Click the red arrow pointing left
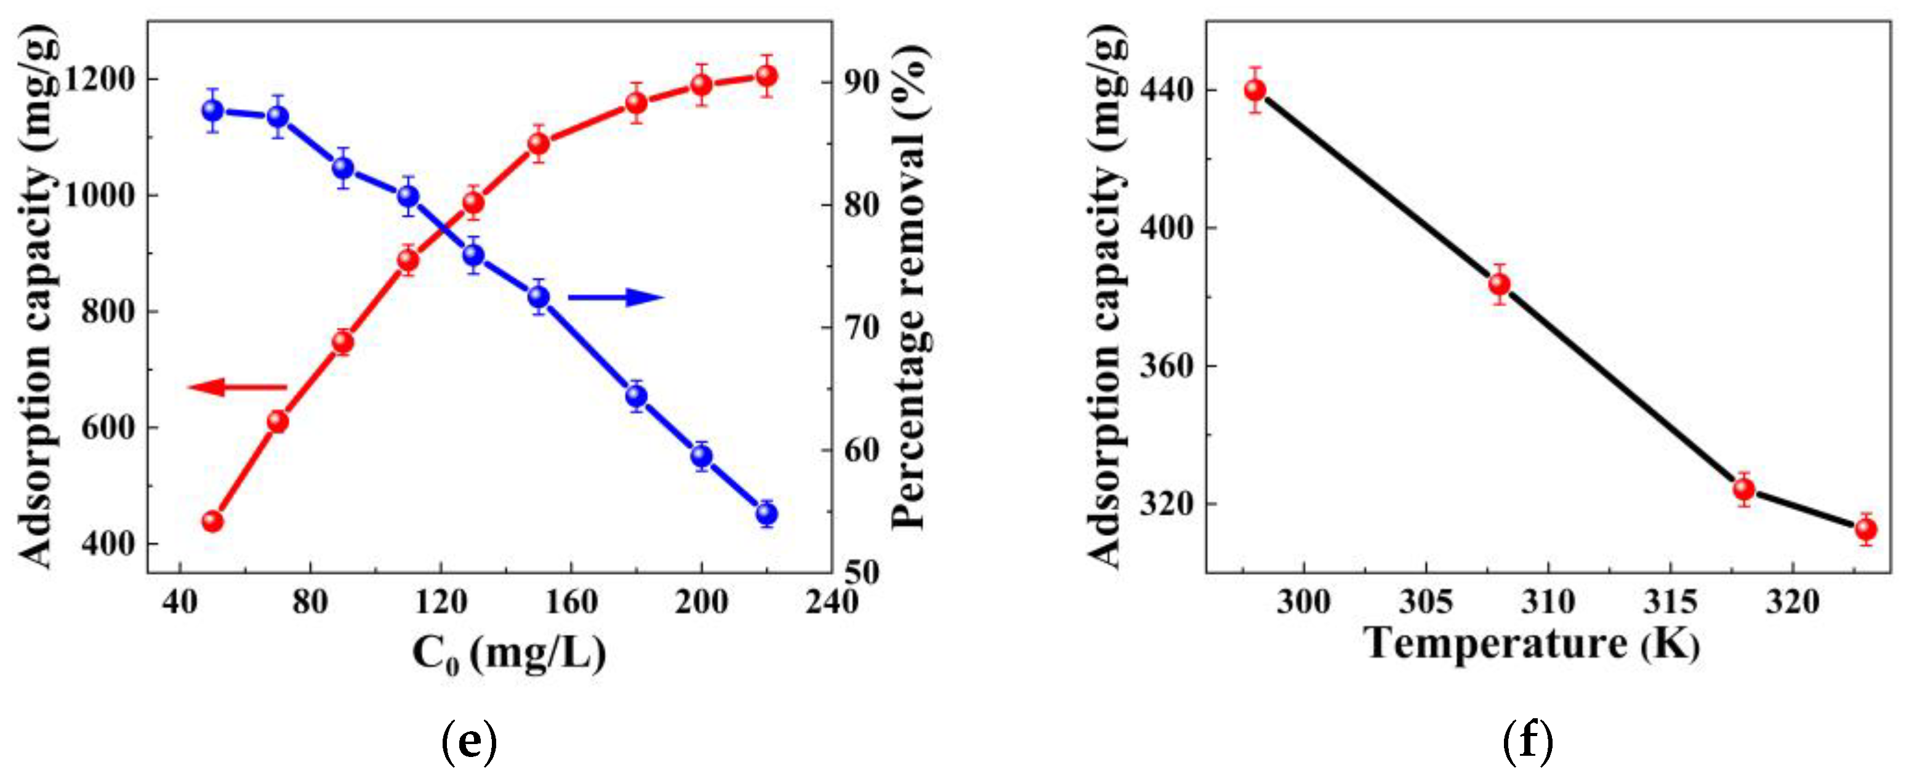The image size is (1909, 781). tap(236, 386)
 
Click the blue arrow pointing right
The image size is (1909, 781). tap(615, 298)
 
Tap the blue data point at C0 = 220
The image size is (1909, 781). tap(766, 513)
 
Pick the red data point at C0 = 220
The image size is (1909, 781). tap(766, 76)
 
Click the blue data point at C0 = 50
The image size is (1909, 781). tap(212, 110)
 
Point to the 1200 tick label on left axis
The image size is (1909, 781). tap(99, 79)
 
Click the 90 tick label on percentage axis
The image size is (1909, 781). tap(859, 81)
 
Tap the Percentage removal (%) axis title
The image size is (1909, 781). tap(910, 286)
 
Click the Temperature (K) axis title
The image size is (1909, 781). tap(1531, 643)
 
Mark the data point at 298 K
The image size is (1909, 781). tap(1255, 90)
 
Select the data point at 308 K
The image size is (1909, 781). tap(1499, 284)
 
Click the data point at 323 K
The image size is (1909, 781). tap(1865, 530)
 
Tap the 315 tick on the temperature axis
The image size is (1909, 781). tap(1670, 602)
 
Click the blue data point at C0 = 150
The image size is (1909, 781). tap(539, 297)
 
